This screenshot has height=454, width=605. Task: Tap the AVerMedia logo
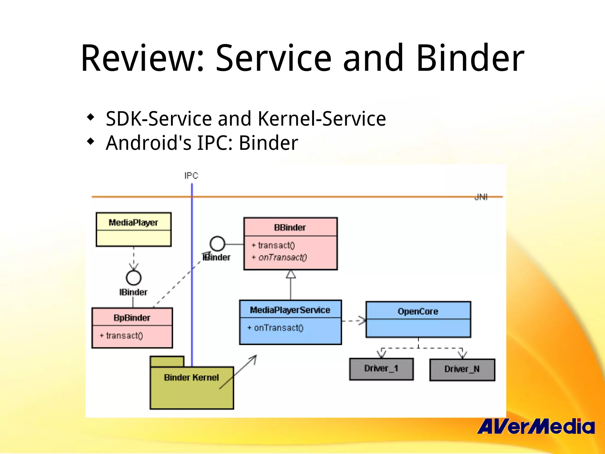(x=536, y=427)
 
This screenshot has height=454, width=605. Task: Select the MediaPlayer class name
(x=134, y=222)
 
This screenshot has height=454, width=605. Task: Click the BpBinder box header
(x=132, y=318)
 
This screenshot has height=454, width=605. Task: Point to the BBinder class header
(x=290, y=227)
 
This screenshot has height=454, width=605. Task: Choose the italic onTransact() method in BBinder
(x=282, y=257)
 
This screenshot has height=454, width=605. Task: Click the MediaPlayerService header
(x=290, y=310)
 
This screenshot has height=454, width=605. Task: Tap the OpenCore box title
(x=418, y=311)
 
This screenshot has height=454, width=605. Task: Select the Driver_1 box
(x=381, y=369)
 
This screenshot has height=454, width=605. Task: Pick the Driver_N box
(x=462, y=369)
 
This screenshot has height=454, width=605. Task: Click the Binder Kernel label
(x=191, y=377)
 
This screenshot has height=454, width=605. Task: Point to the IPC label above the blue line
(x=191, y=176)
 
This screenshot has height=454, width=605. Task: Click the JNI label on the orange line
(x=481, y=197)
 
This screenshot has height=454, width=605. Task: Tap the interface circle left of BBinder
(x=217, y=244)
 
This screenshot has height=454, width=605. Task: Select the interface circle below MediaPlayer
(x=134, y=278)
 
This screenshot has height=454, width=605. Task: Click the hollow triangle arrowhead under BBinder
(x=291, y=274)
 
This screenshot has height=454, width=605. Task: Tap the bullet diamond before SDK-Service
(x=91, y=117)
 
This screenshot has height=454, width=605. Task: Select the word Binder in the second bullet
(x=268, y=143)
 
